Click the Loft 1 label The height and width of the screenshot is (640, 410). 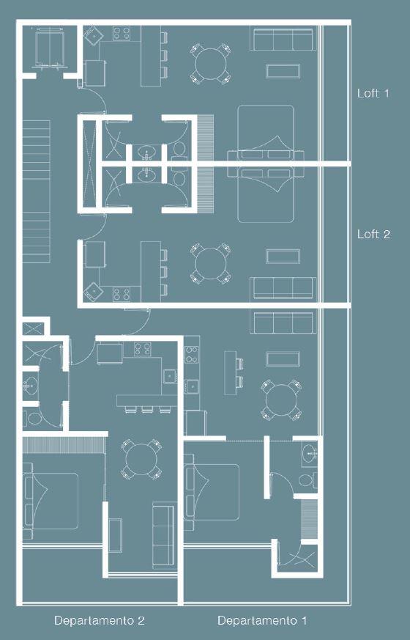[373, 93]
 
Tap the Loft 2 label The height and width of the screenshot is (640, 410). [373, 234]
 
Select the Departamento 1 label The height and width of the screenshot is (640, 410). [262, 620]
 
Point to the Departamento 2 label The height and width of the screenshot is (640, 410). [100, 620]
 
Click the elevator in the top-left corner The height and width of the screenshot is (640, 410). [50, 48]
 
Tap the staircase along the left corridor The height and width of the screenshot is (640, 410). [37, 191]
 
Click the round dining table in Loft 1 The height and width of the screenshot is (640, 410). [211, 64]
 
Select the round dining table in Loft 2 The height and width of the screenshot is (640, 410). [211, 263]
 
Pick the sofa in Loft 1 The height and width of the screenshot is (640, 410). [283, 40]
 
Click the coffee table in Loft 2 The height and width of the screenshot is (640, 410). [283, 257]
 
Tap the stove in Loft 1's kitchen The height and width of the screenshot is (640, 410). [122, 33]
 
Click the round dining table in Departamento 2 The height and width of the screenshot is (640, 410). [141, 459]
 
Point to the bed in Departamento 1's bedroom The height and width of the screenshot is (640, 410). [212, 492]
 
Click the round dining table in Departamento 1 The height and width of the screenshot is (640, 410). [281, 400]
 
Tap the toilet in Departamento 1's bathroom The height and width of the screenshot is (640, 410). [308, 479]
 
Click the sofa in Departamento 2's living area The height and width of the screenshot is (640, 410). [165, 535]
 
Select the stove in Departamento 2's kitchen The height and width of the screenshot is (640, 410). [143, 349]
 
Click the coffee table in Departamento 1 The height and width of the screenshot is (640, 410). [283, 358]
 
